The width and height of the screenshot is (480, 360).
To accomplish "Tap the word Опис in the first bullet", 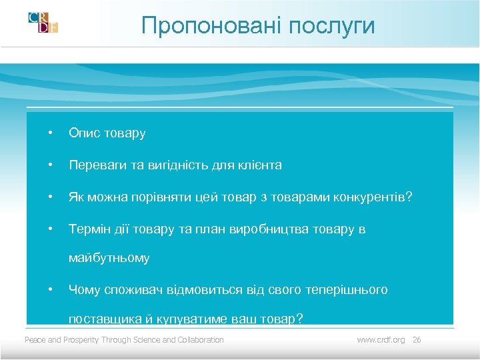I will [83, 133].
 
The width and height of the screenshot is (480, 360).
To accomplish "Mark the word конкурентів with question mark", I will [376, 197].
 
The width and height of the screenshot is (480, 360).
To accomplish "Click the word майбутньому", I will [109, 258].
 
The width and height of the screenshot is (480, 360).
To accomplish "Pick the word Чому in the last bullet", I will [83, 290].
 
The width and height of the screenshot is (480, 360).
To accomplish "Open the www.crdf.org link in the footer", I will [381, 340].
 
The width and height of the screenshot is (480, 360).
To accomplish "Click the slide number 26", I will [417, 340].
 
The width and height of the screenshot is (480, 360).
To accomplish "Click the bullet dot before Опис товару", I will [50, 133].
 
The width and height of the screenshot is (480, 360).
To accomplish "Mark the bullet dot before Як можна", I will [50, 197].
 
